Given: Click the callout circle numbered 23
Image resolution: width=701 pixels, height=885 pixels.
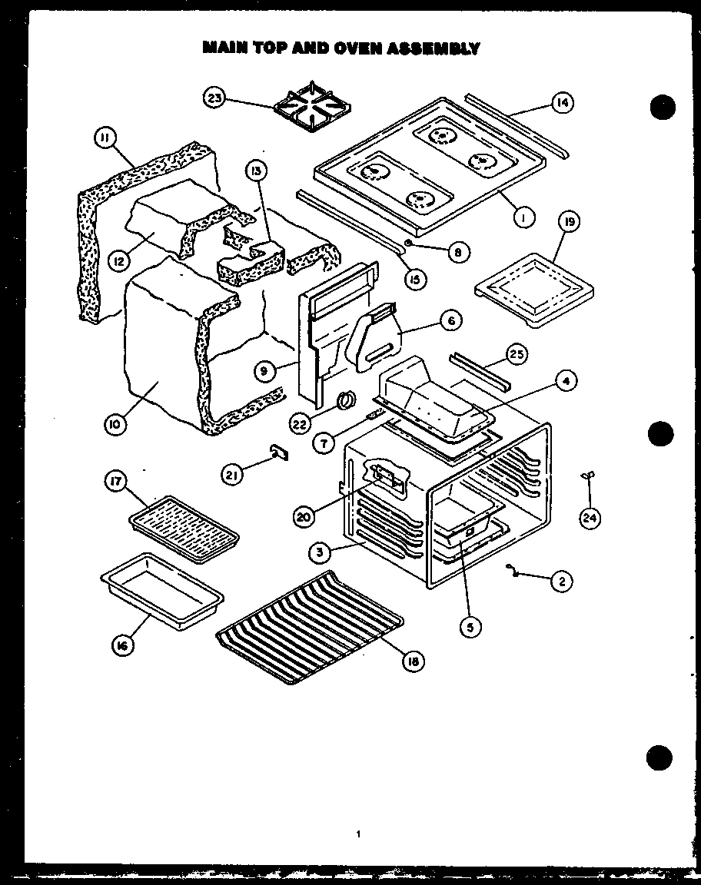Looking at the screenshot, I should coord(214,98).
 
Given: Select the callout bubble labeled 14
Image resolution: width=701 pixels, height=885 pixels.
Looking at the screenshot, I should coord(563,103).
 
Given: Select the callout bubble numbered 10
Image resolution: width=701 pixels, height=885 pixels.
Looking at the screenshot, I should coord(116,423).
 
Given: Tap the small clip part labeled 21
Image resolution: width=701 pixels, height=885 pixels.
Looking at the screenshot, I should coord(277,453).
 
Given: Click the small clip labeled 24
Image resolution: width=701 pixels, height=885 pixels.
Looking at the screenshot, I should coord(589,479).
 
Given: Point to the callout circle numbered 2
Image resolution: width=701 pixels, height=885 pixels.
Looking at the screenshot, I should coord(561,582).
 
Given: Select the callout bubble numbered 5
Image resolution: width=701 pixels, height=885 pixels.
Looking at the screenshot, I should coord(470,627).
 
